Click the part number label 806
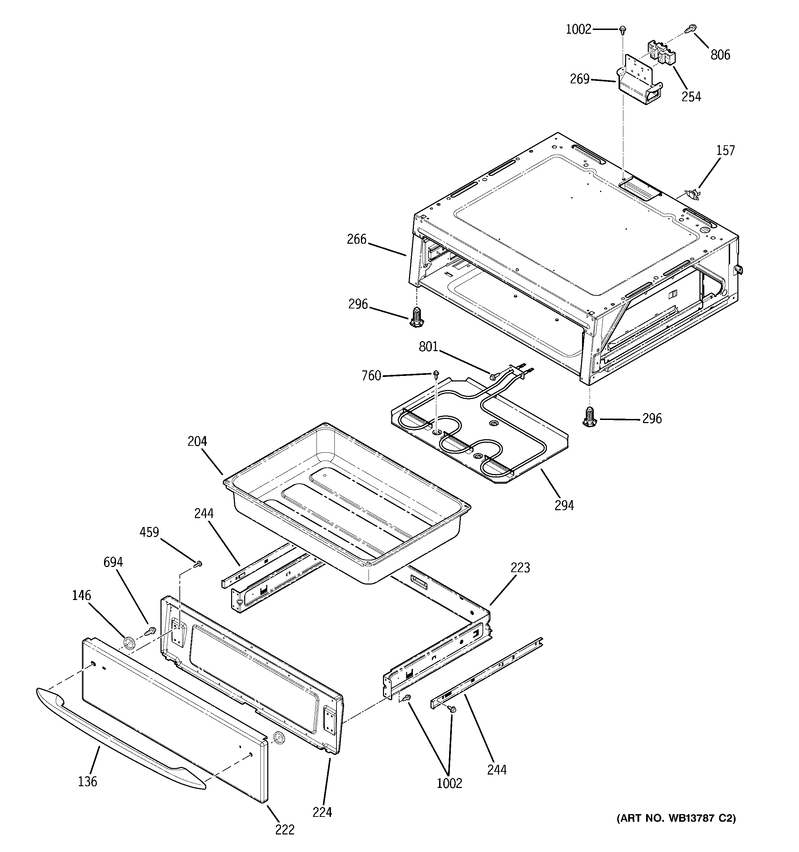click(720, 55)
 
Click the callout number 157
click(725, 150)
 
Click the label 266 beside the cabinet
click(357, 239)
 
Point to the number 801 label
click(428, 346)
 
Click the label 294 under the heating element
click(564, 506)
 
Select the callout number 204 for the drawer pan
click(197, 441)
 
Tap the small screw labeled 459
click(199, 565)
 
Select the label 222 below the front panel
click(285, 830)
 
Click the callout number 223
click(520, 568)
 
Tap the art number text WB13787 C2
click(676, 818)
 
